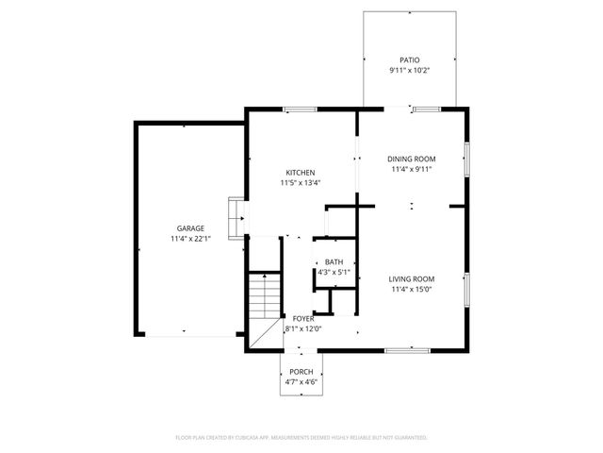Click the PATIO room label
point(409,59)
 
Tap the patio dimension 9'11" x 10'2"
point(409,70)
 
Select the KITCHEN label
point(301,172)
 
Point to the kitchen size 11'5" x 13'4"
point(301,183)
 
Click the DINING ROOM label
point(412,159)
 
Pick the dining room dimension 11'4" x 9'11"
point(412,170)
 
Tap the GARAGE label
point(190,228)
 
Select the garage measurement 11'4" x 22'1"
point(190,240)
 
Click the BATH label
point(334,262)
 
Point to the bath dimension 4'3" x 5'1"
point(334,273)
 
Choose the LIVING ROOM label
point(412,278)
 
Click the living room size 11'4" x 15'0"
point(412,290)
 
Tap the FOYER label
point(302,319)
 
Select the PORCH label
point(301,372)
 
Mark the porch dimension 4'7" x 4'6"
point(301,383)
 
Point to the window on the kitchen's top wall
point(301,109)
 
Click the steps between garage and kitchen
point(236,217)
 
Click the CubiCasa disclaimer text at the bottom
point(301,438)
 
